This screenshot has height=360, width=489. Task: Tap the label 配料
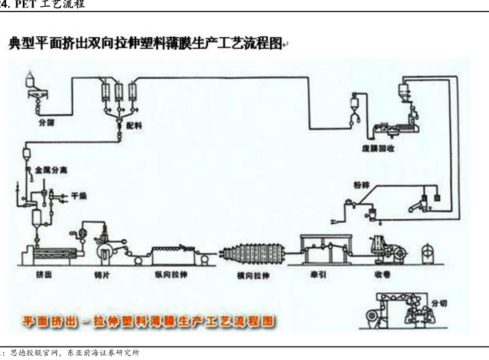(x=136, y=125)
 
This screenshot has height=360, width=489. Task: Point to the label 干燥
(x=79, y=196)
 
